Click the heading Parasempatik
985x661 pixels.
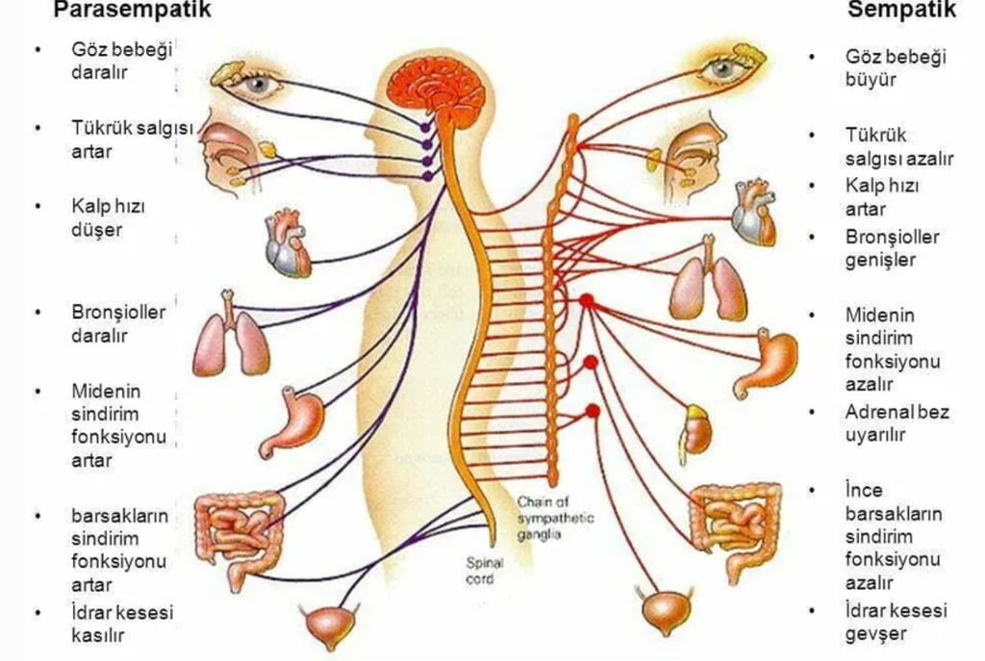pos(131,11)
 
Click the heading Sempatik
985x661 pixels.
pos(901,11)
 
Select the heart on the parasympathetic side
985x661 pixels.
pos(287,244)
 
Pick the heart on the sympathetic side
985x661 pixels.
pos(753,213)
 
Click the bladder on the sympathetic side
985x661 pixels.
pos(667,612)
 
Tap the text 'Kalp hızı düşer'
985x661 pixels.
pos(108,218)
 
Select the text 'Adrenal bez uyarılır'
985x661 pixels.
pos(897,422)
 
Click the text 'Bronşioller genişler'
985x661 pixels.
pos(892,248)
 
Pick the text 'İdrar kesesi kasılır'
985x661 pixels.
pos(121,623)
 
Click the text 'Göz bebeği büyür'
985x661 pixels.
pos(895,67)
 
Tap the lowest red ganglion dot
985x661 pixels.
pos(592,411)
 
